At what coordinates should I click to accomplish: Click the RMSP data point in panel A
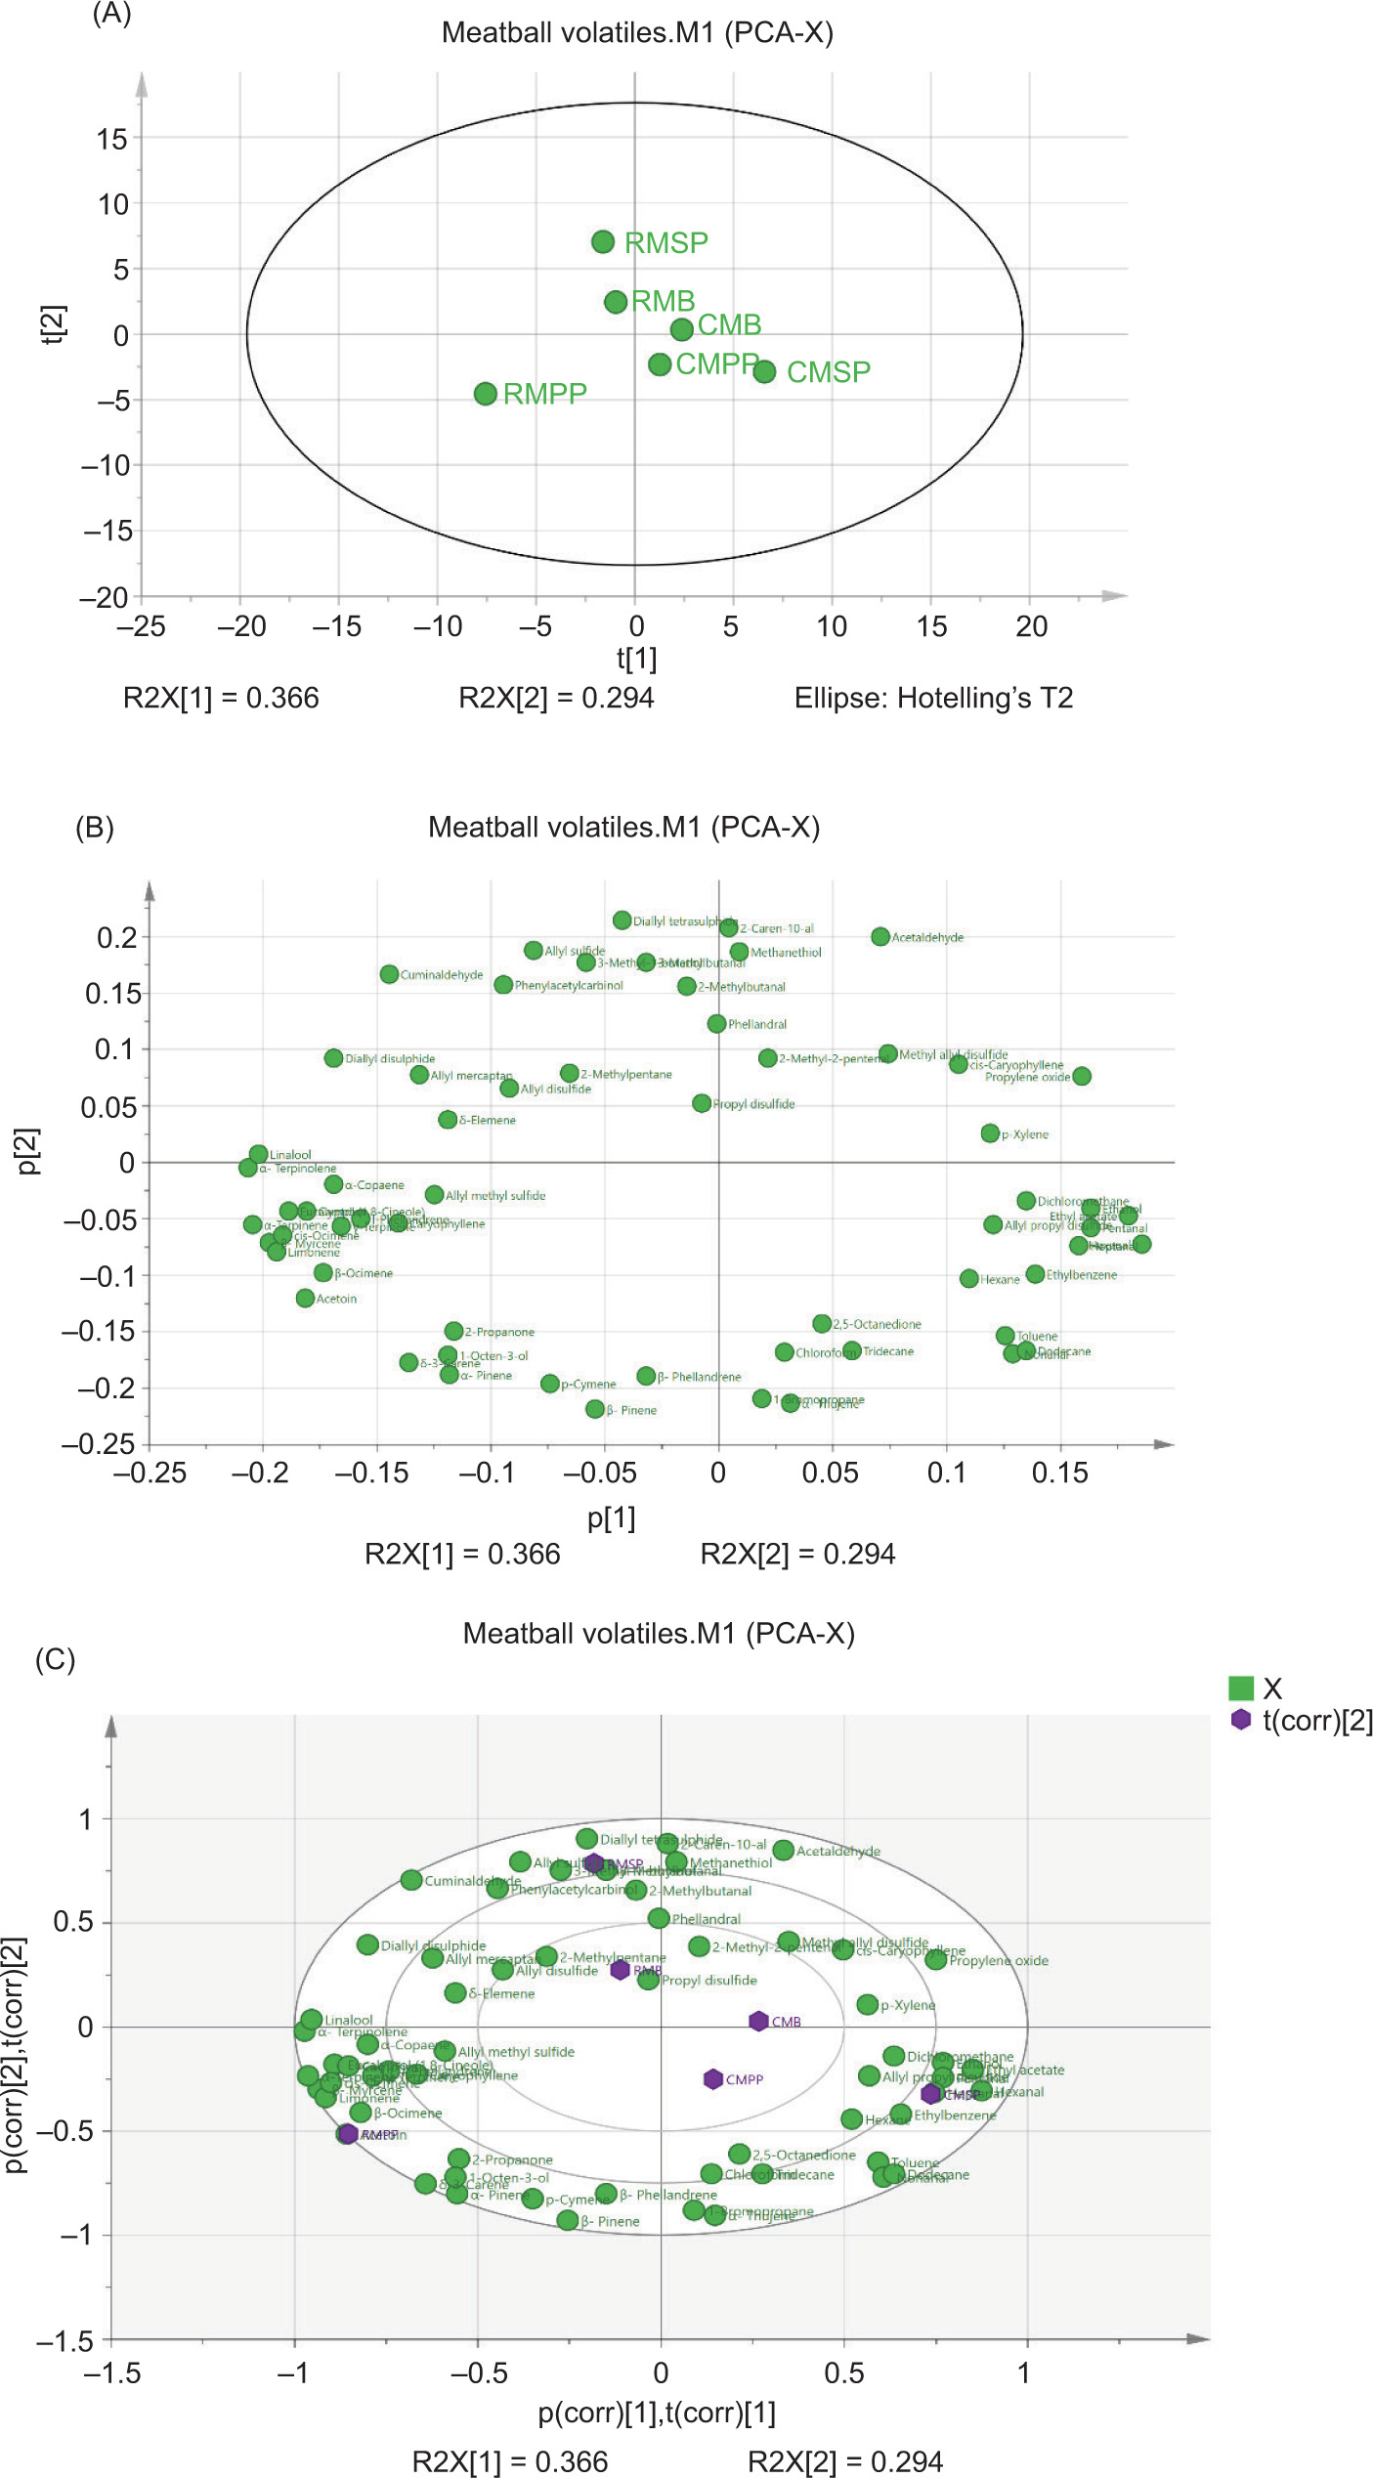(x=603, y=241)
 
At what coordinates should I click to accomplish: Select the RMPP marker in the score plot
(x=486, y=394)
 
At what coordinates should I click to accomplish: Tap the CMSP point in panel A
(x=764, y=371)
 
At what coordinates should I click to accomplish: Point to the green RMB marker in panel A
(x=616, y=302)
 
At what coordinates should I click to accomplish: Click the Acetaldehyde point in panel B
(x=880, y=937)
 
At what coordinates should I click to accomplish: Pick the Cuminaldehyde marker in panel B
(x=389, y=974)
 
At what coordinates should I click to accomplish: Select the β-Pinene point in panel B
(x=595, y=1409)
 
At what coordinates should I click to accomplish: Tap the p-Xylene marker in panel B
(x=990, y=1133)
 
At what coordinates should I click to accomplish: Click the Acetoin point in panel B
(x=305, y=1299)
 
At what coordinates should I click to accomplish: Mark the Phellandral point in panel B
(x=716, y=1024)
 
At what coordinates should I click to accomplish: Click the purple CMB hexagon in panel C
(x=758, y=2021)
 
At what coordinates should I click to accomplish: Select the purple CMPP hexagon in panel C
(x=713, y=2078)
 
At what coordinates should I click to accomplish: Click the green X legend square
(x=1241, y=1688)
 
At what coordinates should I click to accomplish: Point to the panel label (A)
(x=111, y=15)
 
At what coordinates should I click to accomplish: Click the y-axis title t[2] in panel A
(x=55, y=323)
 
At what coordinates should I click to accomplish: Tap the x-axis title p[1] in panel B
(x=611, y=1517)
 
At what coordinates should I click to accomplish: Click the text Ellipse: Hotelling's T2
(x=933, y=698)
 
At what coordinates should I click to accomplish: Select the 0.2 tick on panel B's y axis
(x=116, y=938)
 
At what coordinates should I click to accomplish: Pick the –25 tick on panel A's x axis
(x=141, y=626)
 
